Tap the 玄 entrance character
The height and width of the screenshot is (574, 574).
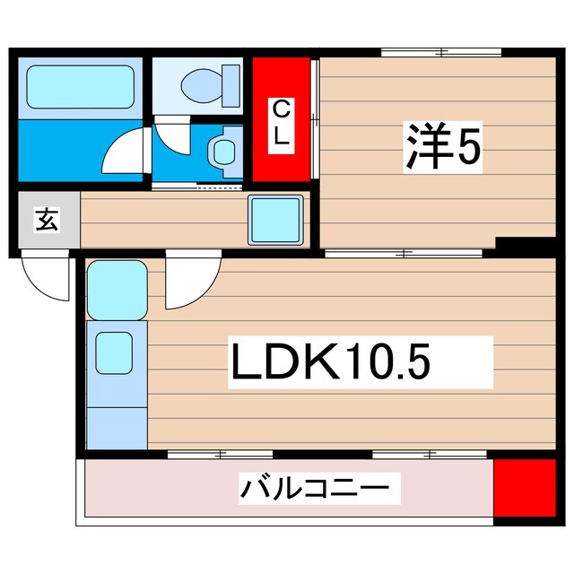[x=48, y=220]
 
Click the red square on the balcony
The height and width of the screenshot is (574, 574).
[x=526, y=488]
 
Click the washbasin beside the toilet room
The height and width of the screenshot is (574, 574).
[x=222, y=150]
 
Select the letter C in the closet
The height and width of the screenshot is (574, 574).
[x=281, y=110]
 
